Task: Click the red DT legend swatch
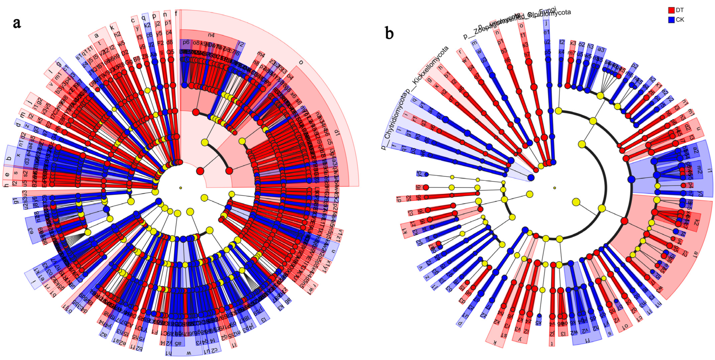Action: pos(671,10)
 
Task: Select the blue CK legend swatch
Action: pos(671,20)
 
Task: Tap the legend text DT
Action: pos(680,10)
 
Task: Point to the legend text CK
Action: pos(680,20)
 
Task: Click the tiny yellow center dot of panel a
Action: pos(180,188)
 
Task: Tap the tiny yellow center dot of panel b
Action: pos(554,188)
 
